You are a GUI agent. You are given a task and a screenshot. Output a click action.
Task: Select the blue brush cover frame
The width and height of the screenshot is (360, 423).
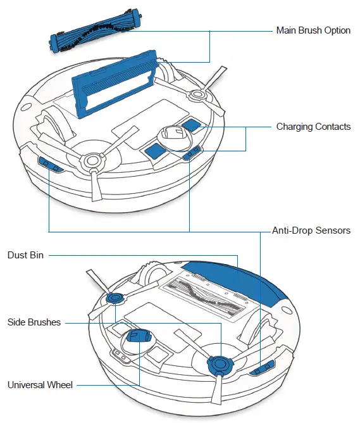click(x=113, y=82)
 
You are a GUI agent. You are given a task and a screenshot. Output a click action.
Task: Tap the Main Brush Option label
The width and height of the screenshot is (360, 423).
click(x=313, y=30)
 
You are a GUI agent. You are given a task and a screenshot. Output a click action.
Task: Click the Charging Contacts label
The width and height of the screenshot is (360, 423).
click(x=313, y=127)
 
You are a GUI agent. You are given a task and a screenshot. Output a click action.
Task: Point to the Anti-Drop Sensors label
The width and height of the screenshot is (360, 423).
click(x=311, y=230)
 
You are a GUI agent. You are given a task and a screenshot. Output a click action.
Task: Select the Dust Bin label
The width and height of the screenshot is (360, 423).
click(x=25, y=255)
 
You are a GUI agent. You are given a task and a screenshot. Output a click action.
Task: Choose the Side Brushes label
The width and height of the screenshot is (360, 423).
click(x=34, y=322)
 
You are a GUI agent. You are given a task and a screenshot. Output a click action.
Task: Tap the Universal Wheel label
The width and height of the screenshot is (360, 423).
click(x=40, y=384)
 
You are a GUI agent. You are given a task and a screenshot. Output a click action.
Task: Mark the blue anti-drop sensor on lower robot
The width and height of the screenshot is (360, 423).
click(x=263, y=368)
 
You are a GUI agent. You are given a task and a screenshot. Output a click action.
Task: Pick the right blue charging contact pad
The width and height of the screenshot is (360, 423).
click(x=190, y=125)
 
